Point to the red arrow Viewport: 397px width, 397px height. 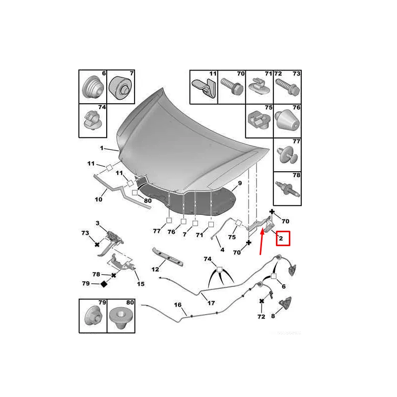(262, 241)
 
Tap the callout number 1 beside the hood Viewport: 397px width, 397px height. (102, 148)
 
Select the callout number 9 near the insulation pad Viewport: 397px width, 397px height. (240, 183)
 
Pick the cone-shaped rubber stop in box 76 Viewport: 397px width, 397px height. (287, 120)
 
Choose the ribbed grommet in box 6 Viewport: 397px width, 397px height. (93, 87)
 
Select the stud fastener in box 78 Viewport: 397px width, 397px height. (288, 189)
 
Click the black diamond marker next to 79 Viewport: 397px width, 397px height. (104, 284)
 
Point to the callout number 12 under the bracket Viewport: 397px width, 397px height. (155, 269)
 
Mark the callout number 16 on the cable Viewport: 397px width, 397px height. (178, 305)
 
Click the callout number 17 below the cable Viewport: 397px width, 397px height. (211, 303)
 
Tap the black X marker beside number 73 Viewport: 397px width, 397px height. (97, 245)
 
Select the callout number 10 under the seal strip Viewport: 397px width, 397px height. (98, 199)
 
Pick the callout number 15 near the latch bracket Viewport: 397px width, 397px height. (141, 284)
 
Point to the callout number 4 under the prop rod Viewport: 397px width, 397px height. (222, 250)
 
